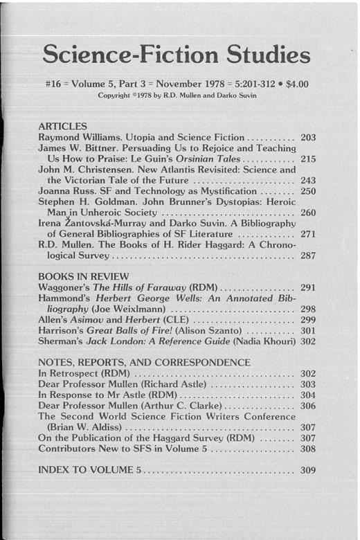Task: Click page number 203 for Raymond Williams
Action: click(x=309, y=138)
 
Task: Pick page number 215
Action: click(x=309, y=159)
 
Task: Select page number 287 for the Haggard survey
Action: click(x=309, y=255)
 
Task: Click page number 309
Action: click(x=309, y=471)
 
